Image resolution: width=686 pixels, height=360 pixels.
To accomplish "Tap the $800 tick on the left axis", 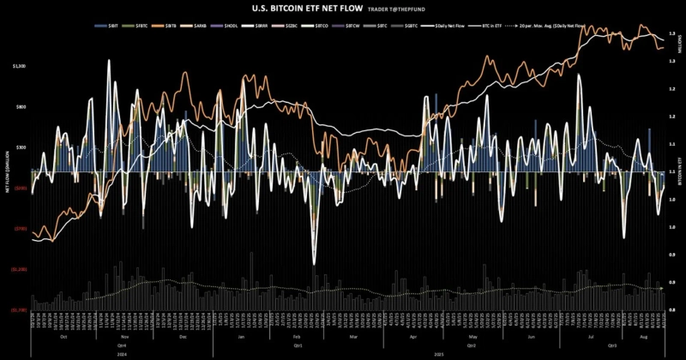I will pos(21,107).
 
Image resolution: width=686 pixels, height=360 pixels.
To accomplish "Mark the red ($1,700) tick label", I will pos(19,310).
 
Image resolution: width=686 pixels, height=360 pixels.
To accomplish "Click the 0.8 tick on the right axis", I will pos(671,310).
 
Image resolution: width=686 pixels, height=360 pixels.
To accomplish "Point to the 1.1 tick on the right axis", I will pos(671,147).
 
